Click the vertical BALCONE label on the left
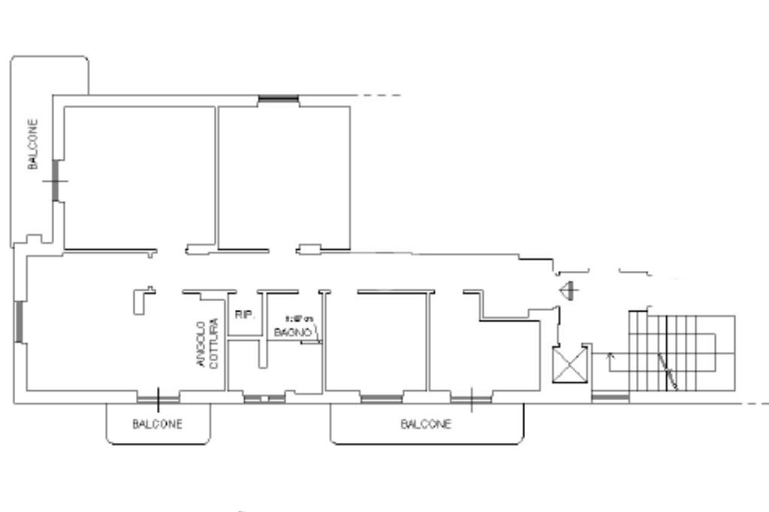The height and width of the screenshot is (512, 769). click(33, 143)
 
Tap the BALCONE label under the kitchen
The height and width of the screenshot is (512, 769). click(158, 424)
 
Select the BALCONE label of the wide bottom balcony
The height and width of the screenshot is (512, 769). click(426, 424)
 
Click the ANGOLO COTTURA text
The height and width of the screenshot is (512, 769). click(207, 345)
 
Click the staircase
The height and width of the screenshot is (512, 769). click(680, 352)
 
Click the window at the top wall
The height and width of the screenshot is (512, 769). click(278, 99)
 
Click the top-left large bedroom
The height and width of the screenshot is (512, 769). click(139, 177)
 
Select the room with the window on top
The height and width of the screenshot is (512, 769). click(284, 177)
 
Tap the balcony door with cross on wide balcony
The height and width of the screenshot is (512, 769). click(471, 399)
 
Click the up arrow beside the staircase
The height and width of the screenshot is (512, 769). click(609, 360)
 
